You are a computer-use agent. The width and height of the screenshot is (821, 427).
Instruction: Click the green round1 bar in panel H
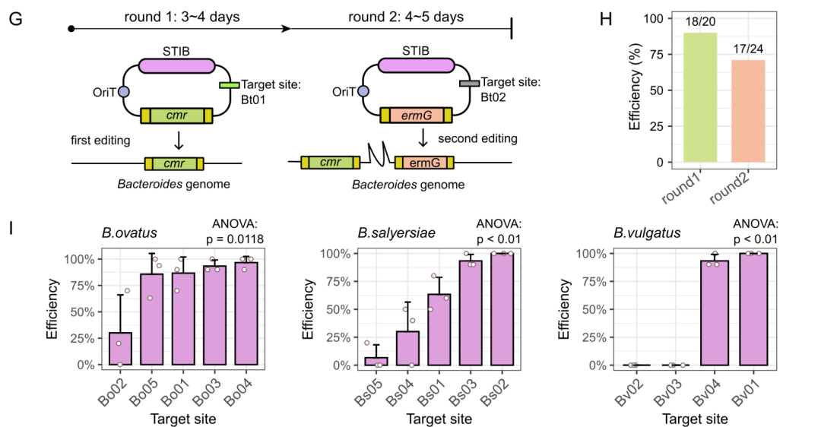700,97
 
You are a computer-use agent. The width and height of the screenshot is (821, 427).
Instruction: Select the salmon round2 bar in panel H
748,111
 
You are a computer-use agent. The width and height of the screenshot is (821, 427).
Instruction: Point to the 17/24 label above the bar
748,49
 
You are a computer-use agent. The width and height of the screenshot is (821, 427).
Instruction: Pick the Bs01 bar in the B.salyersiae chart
439,330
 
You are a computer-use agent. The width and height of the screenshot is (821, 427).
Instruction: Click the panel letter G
16,19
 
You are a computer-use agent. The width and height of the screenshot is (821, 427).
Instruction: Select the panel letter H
605,19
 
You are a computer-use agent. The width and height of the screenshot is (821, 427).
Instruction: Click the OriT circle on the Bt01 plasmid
124,92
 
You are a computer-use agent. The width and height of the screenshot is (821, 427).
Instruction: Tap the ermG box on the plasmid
417,115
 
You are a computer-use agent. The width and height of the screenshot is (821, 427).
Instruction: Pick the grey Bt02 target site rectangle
469,84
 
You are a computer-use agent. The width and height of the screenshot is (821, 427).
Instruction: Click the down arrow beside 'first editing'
179,141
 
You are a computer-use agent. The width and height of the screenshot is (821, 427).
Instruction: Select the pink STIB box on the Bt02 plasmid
417,65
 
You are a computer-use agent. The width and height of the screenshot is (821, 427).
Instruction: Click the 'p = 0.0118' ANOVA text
235,239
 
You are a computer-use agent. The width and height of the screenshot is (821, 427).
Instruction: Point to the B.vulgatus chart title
647,232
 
